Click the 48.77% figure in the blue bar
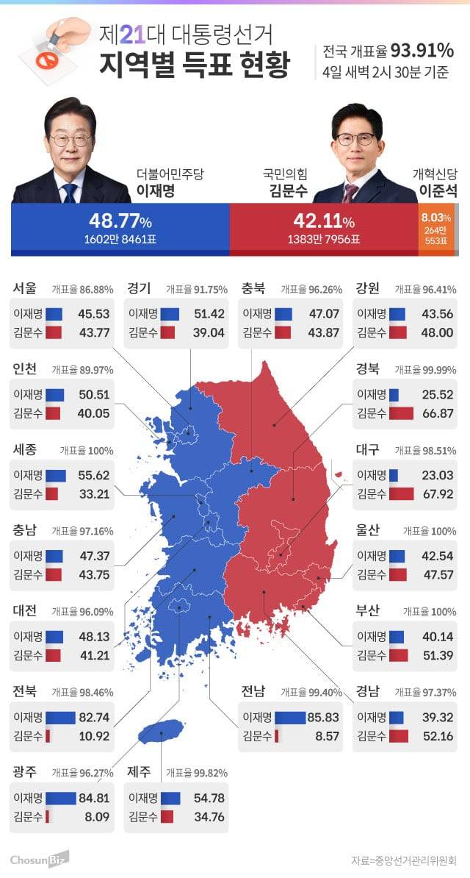tap(120, 221)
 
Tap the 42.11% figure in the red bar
tap(323, 221)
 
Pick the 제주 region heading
tap(139, 771)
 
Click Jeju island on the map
tap(161, 731)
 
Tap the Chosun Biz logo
tap(39, 858)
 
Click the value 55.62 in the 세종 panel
tap(94, 475)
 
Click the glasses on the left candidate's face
tap(70, 138)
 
